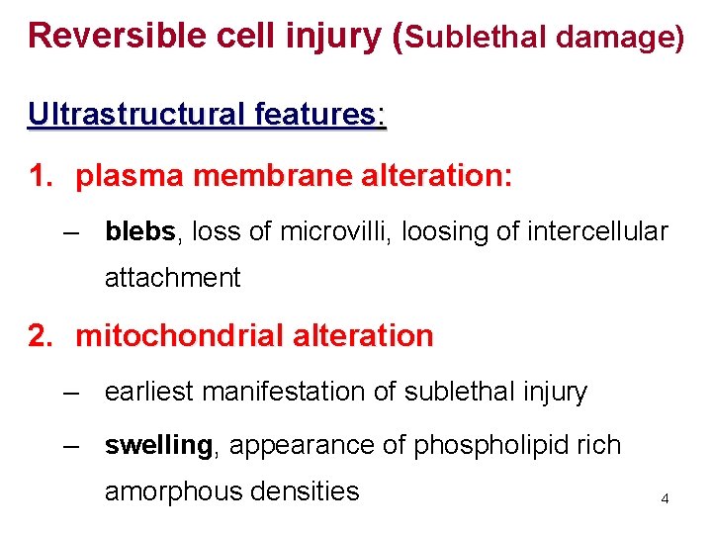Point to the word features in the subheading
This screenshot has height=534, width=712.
click(314, 116)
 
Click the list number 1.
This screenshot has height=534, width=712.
click(41, 177)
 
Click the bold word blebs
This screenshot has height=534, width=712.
click(139, 231)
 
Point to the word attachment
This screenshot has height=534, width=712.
click(172, 278)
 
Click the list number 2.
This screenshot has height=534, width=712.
click(41, 336)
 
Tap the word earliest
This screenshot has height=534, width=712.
click(150, 393)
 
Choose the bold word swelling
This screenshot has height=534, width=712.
click(158, 446)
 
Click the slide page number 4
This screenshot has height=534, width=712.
click(665, 499)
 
